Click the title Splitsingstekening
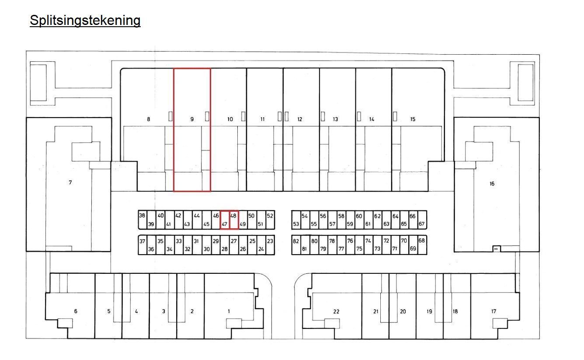(x=85, y=21)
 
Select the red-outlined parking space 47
(x=225, y=220)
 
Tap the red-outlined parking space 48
(x=234, y=220)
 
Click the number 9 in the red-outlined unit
(x=192, y=119)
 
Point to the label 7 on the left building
(x=70, y=182)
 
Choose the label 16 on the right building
(x=492, y=184)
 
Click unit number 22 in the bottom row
(x=336, y=311)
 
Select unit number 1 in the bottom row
(x=229, y=311)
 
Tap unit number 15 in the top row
(x=413, y=119)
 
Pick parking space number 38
(x=142, y=216)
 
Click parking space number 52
(x=270, y=216)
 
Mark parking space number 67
(x=421, y=224)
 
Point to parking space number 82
(x=296, y=241)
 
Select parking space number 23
(x=270, y=241)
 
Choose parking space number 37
(x=142, y=241)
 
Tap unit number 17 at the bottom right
(x=494, y=311)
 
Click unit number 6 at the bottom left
(x=76, y=311)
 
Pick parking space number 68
(x=421, y=241)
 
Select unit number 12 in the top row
(x=299, y=119)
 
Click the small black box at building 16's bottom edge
(x=496, y=249)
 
